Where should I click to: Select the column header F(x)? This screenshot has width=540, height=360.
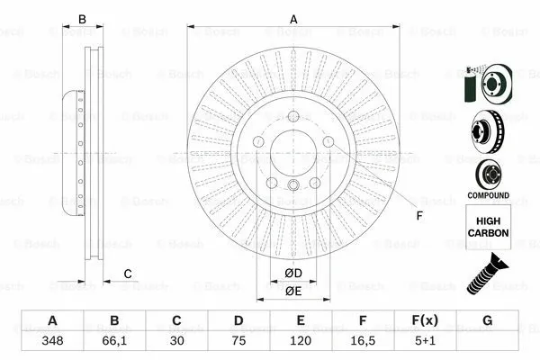[426, 321]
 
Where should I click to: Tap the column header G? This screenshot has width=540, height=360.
[488, 321]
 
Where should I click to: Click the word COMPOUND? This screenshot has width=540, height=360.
[487, 195]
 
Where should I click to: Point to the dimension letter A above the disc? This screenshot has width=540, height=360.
[293, 18]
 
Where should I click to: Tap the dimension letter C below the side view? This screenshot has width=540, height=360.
[128, 274]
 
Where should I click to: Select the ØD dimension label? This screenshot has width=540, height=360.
[293, 273]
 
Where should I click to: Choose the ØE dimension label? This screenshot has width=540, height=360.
[293, 291]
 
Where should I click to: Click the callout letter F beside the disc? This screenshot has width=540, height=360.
[418, 215]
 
